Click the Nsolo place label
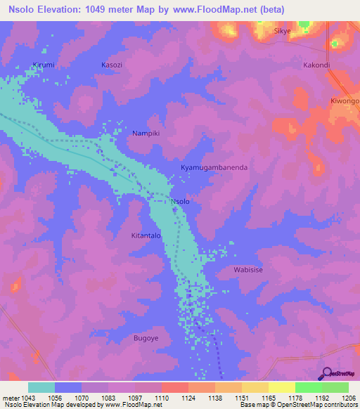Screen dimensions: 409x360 click(181, 202)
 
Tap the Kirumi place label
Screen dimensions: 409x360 click(43, 65)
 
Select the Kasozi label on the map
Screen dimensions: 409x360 click(112, 65)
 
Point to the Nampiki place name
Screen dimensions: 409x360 click(147, 132)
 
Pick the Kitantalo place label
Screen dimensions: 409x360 click(147, 237)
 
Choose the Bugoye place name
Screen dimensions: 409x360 click(146, 338)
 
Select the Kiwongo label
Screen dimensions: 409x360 click(345, 101)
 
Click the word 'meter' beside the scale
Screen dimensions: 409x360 click(10, 398)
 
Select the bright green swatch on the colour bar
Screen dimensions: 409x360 click(309, 387)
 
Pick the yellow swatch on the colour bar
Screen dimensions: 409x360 click(282, 387)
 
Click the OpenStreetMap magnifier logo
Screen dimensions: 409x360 click(326, 374)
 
